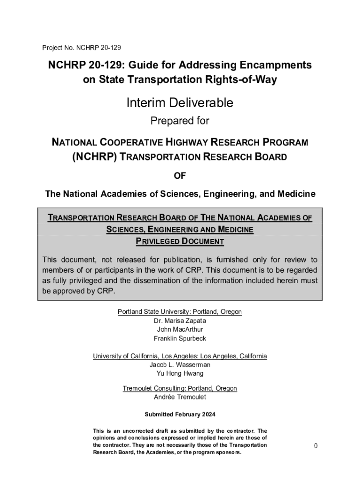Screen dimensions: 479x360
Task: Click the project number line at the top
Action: pos(82,48)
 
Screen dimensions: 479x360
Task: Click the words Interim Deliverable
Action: pos(180,102)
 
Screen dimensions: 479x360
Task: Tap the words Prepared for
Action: pos(180,121)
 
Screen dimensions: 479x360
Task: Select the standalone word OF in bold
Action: pos(180,175)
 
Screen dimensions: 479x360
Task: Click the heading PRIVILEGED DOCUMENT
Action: pos(180,241)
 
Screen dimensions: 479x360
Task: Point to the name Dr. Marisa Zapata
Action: pos(180,321)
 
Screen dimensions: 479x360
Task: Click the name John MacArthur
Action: pos(180,329)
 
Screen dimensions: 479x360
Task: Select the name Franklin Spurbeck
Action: pos(180,338)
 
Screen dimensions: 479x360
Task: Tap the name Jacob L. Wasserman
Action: pos(180,364)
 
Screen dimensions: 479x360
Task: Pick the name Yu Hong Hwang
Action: pos(180,373)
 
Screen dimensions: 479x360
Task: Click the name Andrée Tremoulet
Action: pos(180,397)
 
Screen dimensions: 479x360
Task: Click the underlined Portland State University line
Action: pos(180,312)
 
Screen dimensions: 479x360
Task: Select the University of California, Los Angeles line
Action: pos(180,356)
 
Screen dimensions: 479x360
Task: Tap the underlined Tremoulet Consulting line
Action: pos(180,388)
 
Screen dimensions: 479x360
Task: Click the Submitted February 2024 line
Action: pos(180,414)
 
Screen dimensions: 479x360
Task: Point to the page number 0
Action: pos(316,446)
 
